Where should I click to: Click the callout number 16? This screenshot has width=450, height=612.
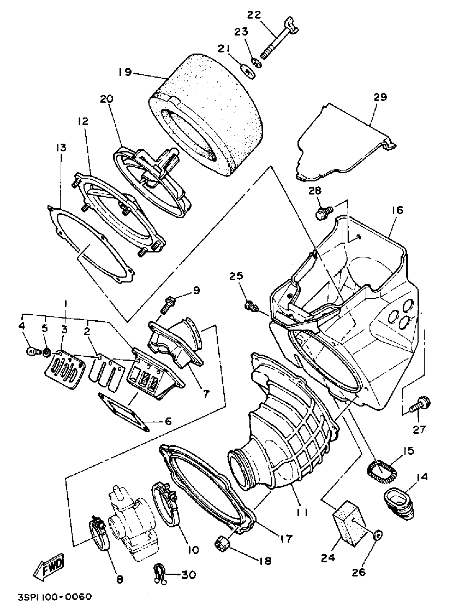coord(397,210)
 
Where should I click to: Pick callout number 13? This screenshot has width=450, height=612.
coord(61,148)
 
